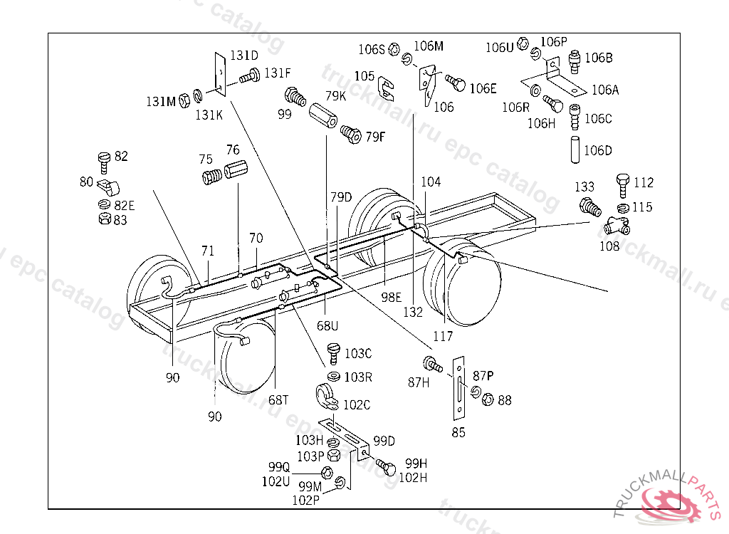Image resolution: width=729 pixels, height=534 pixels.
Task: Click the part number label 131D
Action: (x=244, y=56)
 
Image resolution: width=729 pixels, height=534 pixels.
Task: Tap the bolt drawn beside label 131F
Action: (x=250, y=75)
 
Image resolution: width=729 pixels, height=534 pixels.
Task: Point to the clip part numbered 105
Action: (x=386, y=88)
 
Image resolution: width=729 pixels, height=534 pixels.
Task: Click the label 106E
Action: (x=483, y=88)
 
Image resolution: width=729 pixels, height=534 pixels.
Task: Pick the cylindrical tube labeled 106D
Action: (x=575, y=150)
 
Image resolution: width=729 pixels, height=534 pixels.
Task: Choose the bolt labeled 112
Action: (x=622, y=186)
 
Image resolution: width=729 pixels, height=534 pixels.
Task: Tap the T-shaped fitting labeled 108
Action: (x=617, y=226)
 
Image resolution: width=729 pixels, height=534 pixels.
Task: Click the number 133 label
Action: (x=584, y=187)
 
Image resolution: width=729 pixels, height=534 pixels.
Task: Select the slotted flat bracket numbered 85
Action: (x=459, y=389)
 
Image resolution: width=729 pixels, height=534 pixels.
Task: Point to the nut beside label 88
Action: (x=488, y=399)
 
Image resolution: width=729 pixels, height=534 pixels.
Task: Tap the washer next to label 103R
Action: (x=333, y=375)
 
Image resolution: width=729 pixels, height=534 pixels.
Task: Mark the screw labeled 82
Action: (x=104, y=162)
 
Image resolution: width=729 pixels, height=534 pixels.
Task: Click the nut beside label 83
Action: (x=105, y=218)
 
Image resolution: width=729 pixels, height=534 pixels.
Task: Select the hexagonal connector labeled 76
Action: (x=236, y=169)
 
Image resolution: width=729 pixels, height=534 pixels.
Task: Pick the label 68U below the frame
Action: (x=327, y=325)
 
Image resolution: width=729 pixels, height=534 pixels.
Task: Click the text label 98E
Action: (x=391, y=297)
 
